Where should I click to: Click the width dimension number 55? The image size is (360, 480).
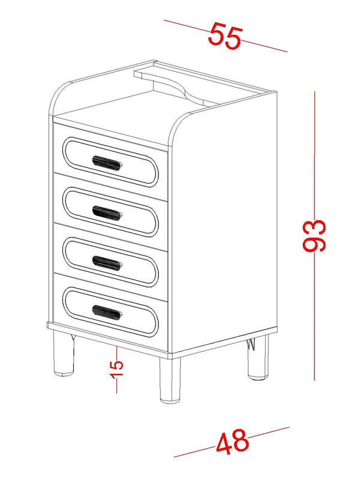click(x=224, y=36)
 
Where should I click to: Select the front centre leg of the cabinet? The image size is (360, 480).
click(x=170, y=379)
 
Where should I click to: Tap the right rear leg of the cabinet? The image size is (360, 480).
click(x=258, y=360)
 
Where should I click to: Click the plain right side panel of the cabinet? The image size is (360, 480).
click(x=225, y=228)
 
